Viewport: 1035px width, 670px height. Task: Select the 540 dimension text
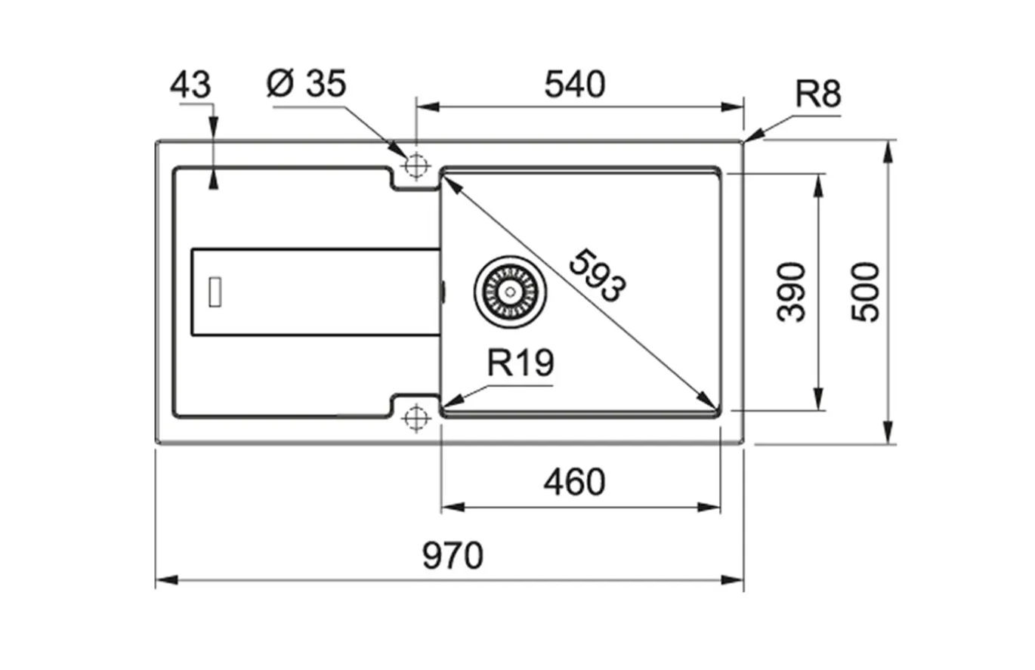pyautogui.click(x=575, y=85)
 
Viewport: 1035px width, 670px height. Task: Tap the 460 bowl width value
pyautogui.click(x=574, y=483)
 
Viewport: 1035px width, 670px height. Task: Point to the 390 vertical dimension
pyautogui.click(x=792, y=292)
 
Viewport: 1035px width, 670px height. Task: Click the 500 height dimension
pyautogui.click(x=866, y=292)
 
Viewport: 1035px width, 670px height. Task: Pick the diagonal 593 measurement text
pyautogui.click(x=598, y=276)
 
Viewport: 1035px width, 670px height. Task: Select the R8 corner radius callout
pyautogui.click(x=817, y=96)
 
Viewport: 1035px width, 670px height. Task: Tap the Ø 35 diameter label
pyautogui.click(x=306, y=84)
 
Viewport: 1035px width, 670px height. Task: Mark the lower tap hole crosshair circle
pyautogui.click(x=416, y=416)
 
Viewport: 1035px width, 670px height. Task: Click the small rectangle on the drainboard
pyautogui.click(x=215, y=292)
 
